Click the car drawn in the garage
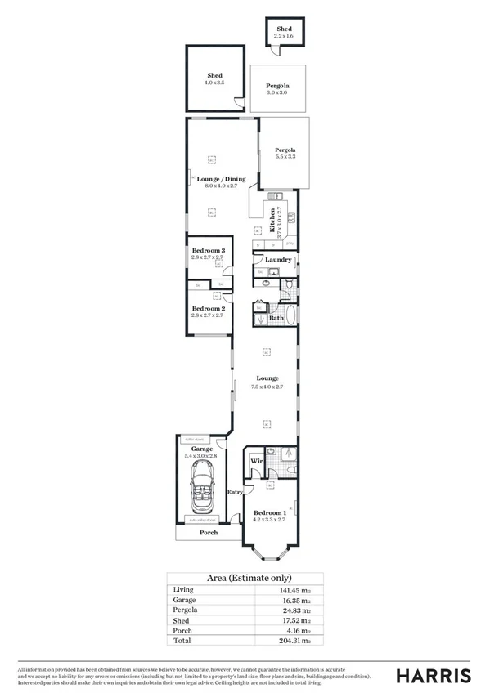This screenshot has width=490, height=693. (x=202, y=488)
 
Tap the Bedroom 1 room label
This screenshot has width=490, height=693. (x=269, y=512)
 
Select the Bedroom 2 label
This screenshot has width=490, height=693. (x=208, y=308)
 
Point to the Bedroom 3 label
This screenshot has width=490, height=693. (x=208, y=250)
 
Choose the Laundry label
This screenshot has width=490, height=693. (x=278, y=260)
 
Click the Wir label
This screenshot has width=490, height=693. (x=255, y=462)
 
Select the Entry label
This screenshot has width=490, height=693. (x=235, y=492)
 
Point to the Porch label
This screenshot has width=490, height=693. (x=209, y=533)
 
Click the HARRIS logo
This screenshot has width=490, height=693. (x=433, y=675)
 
